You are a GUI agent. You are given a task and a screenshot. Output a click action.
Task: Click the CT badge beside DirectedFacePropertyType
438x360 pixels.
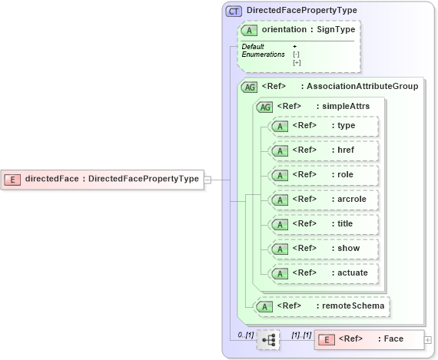(234, 11)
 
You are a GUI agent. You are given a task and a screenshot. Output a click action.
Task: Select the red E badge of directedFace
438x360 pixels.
(12, 180)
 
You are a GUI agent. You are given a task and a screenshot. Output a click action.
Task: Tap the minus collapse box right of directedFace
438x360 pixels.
(207, 180)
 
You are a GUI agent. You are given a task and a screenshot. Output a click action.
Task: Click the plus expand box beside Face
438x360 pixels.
(428, 339)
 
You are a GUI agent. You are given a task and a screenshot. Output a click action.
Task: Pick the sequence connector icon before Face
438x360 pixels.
(268, 339)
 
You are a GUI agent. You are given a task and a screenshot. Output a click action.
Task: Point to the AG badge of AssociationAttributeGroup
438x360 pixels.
(249, 87)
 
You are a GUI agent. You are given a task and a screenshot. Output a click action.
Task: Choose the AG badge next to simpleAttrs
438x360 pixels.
(265, 106)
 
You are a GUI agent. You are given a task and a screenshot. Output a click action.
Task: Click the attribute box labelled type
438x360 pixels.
(324, 126)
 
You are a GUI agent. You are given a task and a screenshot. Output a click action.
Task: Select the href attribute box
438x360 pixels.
(324, 150)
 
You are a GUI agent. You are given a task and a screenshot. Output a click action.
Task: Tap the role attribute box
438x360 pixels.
(324, 175)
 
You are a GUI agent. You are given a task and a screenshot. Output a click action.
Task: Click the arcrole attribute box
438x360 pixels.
(324, 200)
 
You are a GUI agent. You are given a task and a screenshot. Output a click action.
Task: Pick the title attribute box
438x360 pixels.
(324, 223)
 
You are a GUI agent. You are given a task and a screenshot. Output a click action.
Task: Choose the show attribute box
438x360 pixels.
(324, 248)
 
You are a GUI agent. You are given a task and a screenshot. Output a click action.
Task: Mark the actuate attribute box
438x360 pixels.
(324, 272)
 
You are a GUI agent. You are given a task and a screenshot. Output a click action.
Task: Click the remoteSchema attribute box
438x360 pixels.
(323, 306)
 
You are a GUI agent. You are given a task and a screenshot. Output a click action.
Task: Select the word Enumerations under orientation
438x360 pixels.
(263, 54)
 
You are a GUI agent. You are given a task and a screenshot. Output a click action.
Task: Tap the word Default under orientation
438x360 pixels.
(253, 47)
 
